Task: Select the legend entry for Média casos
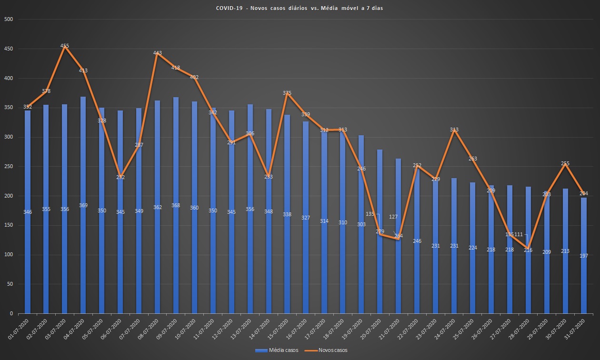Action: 277,350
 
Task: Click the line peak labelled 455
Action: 65,46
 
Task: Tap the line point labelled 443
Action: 158,53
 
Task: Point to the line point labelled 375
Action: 287,93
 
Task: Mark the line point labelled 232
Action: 120,177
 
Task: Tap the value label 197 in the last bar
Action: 584,256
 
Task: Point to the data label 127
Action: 393,217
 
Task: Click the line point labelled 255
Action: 565,164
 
